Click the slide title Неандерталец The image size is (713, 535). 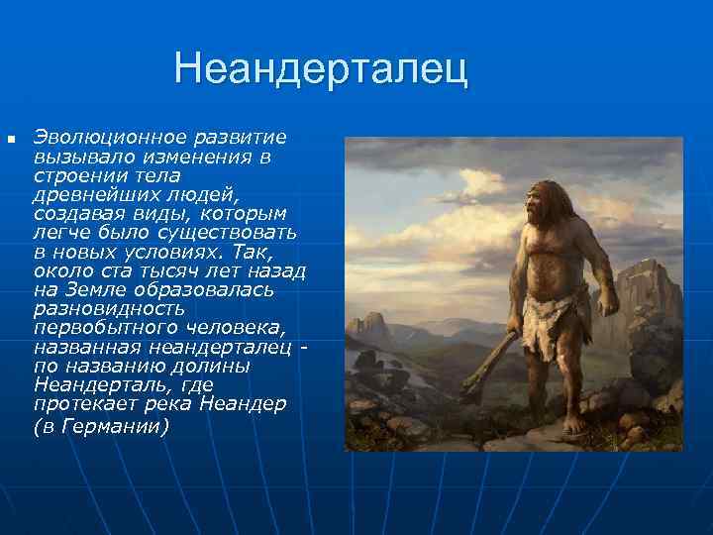point(319,70)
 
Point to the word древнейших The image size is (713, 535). point(81,193)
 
